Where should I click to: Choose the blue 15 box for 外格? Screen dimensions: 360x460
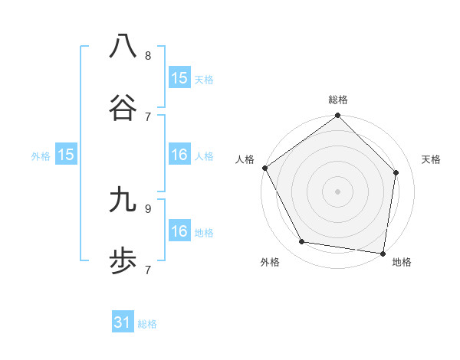[x=66, y=155]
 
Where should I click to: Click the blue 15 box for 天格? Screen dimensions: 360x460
[x=179, y=77]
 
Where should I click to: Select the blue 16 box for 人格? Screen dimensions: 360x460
[x=179, y=155]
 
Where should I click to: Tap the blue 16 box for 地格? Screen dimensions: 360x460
[x=179, y=231]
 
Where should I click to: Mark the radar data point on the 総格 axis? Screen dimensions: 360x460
[x=337, y=116]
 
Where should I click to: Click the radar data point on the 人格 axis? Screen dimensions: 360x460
[x=265, y=168]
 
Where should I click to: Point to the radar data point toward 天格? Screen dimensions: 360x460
[x=396, y=172]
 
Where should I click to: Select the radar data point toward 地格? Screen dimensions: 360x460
[x=383, y=252]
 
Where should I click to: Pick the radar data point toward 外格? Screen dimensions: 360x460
[x=302, y=242]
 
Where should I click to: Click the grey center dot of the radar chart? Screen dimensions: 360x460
[x=337, y=191]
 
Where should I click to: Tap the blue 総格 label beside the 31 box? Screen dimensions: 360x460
[x=147, y=324]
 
